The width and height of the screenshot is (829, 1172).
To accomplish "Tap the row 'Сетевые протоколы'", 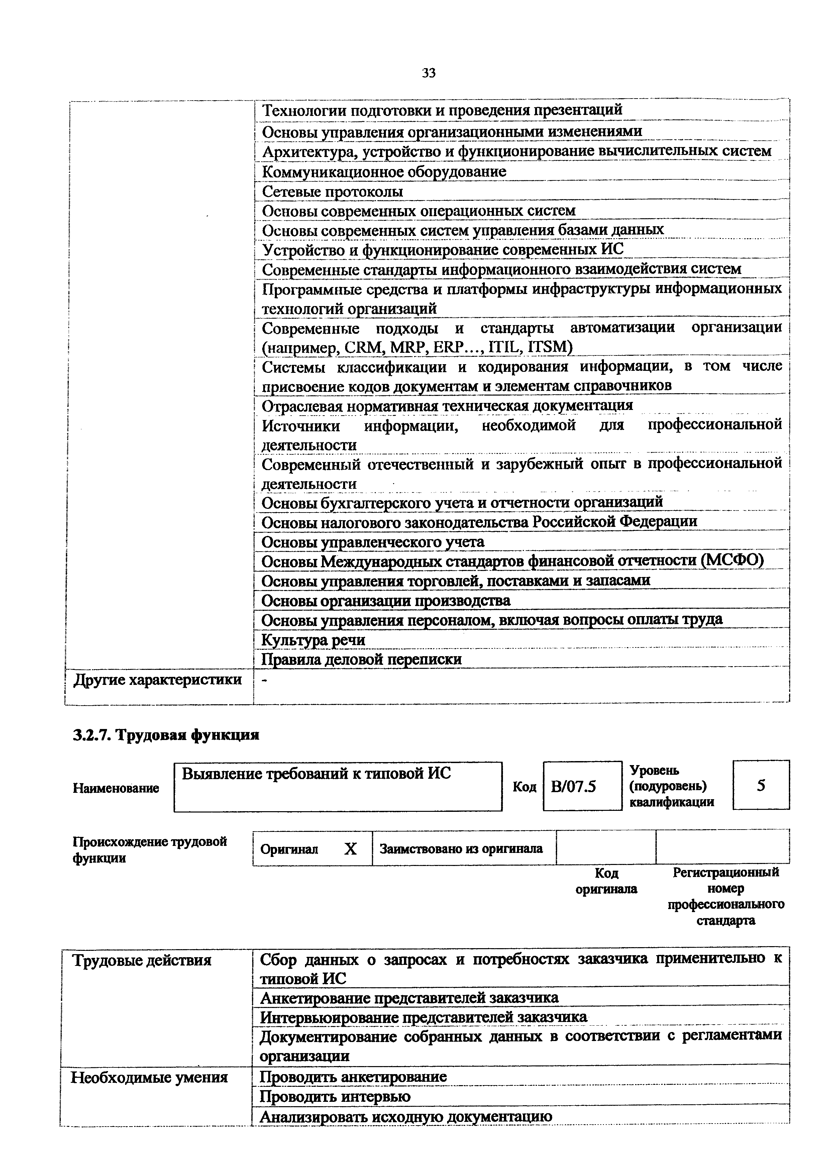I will coord(332,191).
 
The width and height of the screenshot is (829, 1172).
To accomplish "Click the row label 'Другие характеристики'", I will coord(158,680).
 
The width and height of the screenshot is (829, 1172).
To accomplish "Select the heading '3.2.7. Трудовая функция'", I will coord(166,735).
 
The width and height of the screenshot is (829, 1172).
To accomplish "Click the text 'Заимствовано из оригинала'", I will coord(461,848).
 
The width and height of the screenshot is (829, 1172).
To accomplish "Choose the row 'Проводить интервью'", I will coord(335,1097).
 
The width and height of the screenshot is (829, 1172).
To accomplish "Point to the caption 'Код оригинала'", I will coord(606,881).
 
